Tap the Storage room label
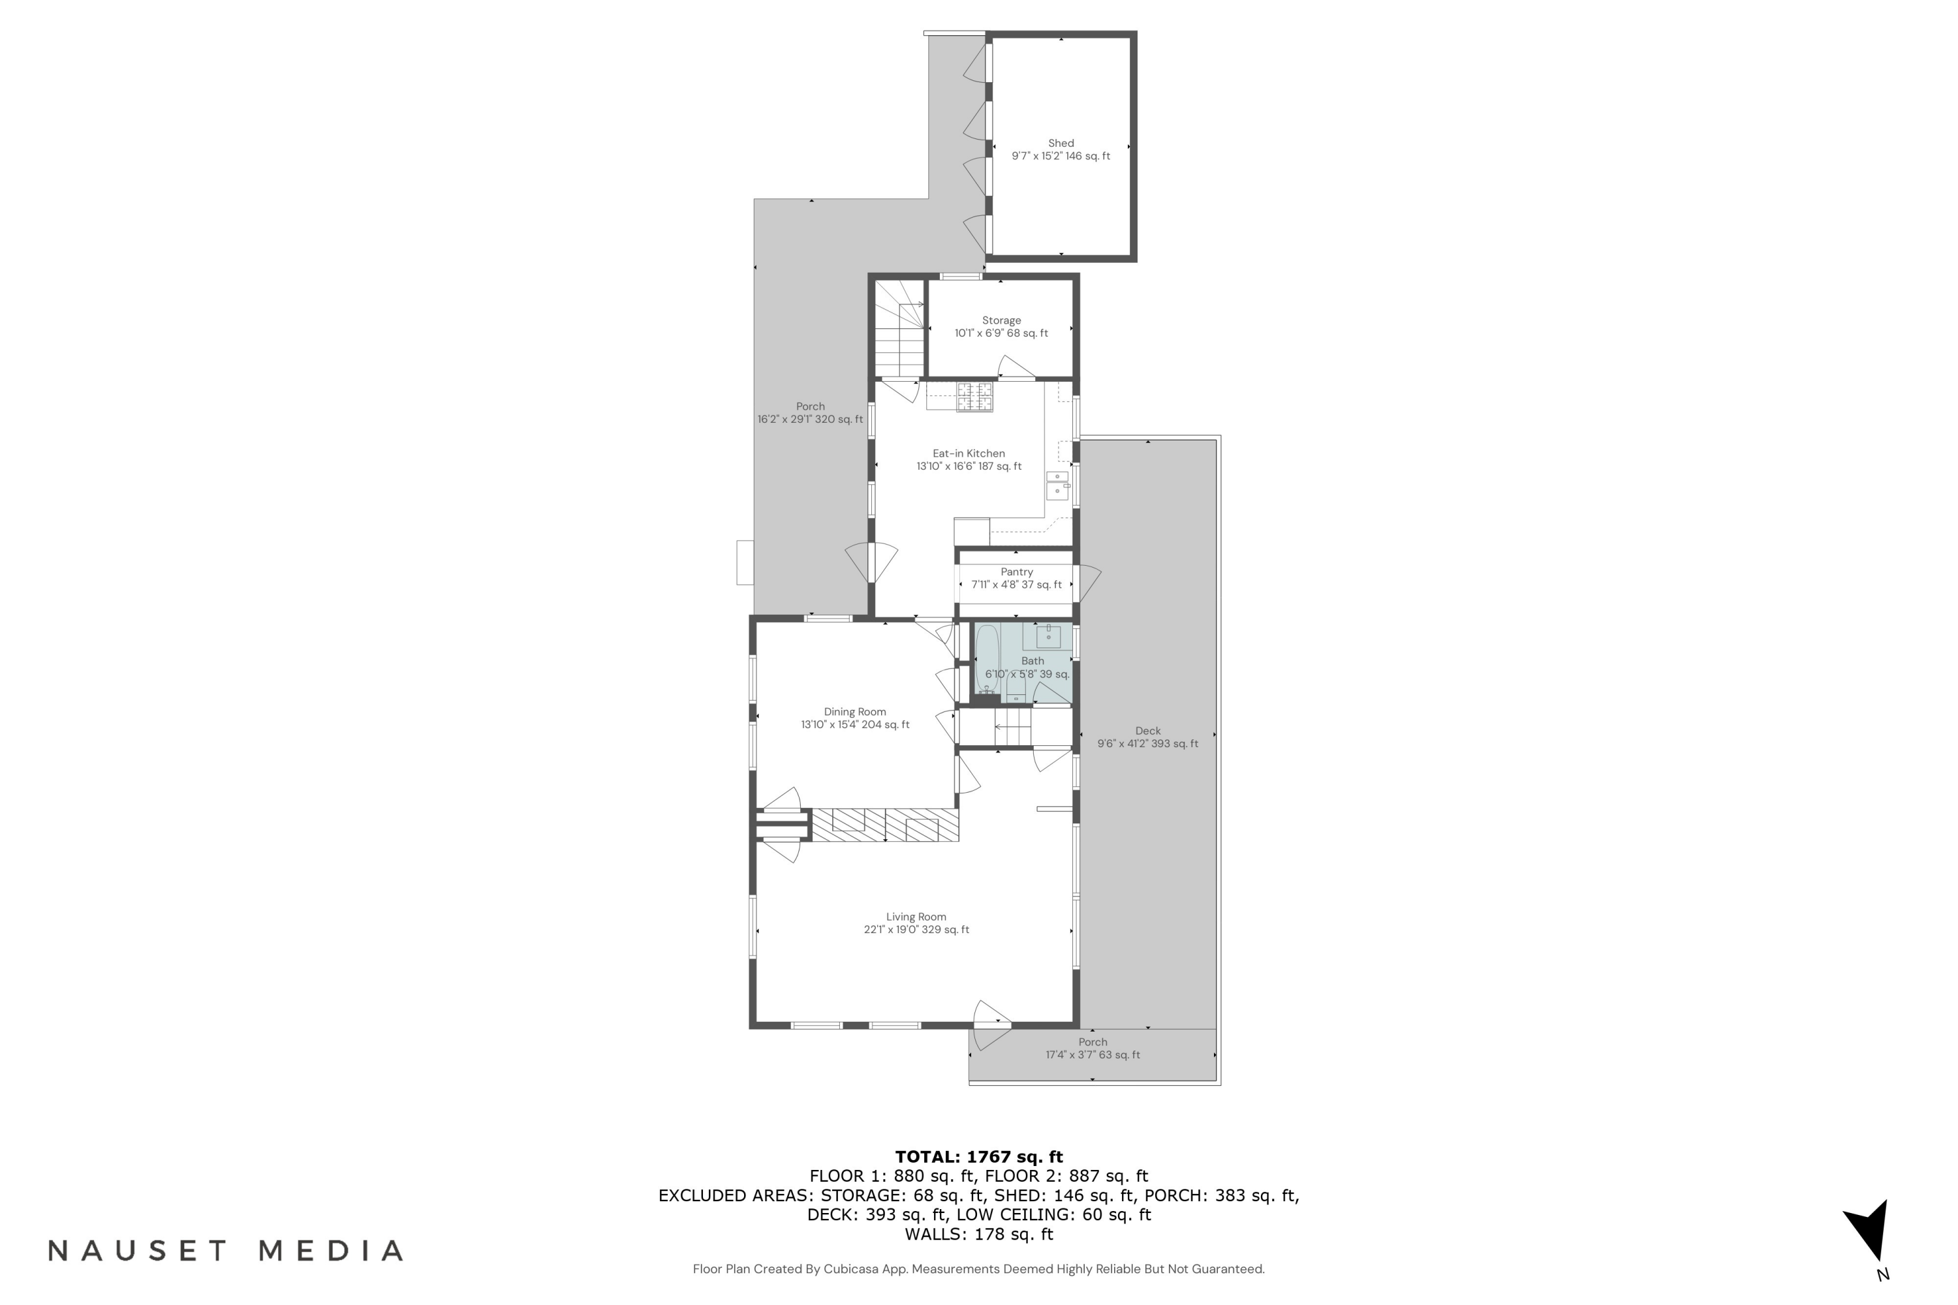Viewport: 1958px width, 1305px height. [1001, 326]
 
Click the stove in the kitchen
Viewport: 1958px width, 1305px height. [975, 396]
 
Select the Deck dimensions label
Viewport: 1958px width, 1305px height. [1147, 744]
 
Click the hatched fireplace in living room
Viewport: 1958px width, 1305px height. [885, 825]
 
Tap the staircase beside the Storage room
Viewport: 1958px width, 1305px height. [899, 329]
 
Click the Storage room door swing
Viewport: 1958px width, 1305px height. [1015, 368]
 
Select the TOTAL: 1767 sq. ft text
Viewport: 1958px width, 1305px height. [978, 1157]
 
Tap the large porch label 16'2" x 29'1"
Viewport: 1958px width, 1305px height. [810, 420]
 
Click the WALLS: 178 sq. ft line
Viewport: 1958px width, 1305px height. [978, 1235]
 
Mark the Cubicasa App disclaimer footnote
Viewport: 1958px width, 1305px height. [978, 1269]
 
